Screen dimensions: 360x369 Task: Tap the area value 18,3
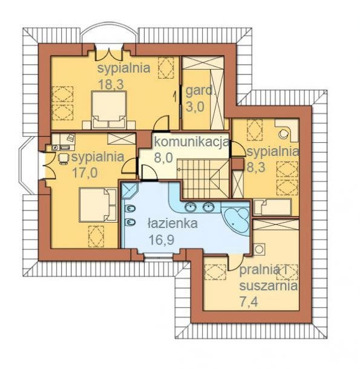(111, 84)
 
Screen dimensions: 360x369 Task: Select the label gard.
(199, 91)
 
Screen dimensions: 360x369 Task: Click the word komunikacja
(191, 142)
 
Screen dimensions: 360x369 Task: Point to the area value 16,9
(162, 240)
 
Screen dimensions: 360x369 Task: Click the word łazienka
(172, 223)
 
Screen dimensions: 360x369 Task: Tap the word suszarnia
(268, 286)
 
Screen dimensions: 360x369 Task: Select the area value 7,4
(249, 302)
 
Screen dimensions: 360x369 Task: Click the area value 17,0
(85, 173)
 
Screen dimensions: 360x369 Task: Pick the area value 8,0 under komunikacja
(163, 157)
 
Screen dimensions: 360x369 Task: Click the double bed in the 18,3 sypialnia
(110, 109)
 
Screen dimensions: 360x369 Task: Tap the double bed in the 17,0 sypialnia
(98, 204)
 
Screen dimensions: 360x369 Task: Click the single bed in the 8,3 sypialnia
(273, 207)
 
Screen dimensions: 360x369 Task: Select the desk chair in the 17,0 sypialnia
(62, 158)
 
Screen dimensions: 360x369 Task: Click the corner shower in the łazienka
(129, 190)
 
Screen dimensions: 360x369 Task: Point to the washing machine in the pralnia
(259, 249)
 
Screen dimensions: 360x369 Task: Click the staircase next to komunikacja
(203, 178)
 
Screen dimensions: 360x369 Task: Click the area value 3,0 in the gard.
(195, 107)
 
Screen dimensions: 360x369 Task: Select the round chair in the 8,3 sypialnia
(284, 134)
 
